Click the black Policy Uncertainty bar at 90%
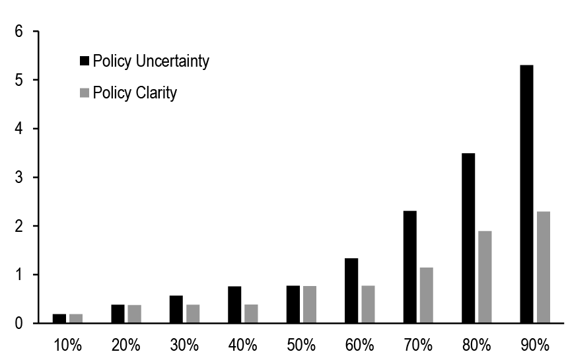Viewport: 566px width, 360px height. point(526,194)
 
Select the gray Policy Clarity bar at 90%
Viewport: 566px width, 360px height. point(543,268)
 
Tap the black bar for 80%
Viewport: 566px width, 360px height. point(468,238)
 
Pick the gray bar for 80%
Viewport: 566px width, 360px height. point(485,277)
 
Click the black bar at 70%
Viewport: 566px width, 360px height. point(409,267)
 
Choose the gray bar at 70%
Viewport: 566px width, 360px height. point(426,295)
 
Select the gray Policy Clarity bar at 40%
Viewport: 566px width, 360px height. point(251,314)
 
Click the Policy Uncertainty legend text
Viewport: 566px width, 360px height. point(151,61)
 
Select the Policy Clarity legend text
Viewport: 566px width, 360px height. point(135,92)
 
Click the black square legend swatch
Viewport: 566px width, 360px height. point(84,61)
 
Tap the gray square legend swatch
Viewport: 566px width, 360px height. point(84,93)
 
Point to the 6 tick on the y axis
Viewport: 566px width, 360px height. point(19,32)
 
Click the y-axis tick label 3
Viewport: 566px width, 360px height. point(19,178)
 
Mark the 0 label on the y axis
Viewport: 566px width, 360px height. point(19,324)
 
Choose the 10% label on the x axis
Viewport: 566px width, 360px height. point(67,345)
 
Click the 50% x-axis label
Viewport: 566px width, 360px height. point(301,345)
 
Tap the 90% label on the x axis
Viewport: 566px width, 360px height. point(535,345)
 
